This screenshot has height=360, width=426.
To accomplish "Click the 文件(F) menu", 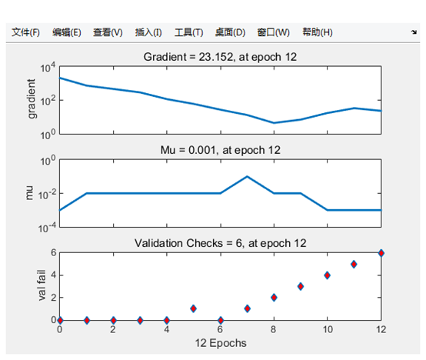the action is pos(25,32).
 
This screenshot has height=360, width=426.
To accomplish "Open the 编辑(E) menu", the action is pos(67,32).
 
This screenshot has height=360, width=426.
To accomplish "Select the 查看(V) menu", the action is pos(108,32).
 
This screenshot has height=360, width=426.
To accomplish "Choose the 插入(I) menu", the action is pos(148,32).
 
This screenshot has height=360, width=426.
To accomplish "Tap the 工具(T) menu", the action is pos(189,32).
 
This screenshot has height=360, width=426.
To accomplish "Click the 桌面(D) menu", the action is pos(230,32).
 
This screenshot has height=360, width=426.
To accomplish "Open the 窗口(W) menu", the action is pos(273,32).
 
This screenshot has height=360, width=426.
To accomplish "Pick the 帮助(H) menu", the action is pos(318,32).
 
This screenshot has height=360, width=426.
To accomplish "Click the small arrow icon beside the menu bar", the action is pos(414,32).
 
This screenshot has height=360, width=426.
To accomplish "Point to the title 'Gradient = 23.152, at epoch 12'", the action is pos(220,57).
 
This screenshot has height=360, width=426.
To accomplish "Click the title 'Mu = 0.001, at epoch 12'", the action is pos(221,150).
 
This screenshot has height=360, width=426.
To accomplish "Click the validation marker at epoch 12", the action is pos(381,253).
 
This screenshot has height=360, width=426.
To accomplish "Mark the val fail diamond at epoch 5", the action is pos(194,308).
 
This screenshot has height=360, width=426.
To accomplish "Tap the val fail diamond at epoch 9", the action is pos(301,286).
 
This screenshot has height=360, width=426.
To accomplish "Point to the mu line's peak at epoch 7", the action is pos(247,177).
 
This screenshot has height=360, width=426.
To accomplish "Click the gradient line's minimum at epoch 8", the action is pos(274,123).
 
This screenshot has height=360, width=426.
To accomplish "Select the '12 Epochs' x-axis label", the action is pos(221,343).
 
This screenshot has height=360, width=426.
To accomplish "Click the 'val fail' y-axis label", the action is pos(42,285).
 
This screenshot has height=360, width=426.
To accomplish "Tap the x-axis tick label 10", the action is pos(328,329).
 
